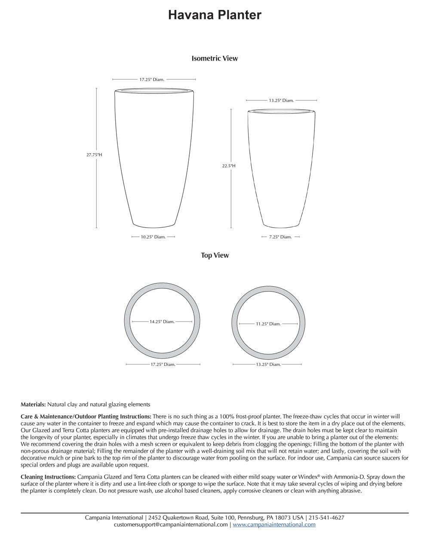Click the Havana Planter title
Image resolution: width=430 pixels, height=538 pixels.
click(x=215, y=15)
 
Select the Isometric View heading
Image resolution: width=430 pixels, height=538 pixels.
click(x=215, y=59)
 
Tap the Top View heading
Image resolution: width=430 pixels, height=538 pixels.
click(x=215, y=255)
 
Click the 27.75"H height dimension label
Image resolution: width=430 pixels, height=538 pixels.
click(x=94, y=155)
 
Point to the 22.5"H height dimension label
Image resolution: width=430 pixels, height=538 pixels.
click(x=229, y=166)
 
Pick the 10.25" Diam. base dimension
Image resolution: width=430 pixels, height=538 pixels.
click(x=153, y=237)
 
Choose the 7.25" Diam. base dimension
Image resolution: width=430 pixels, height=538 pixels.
click(x=280, y=237)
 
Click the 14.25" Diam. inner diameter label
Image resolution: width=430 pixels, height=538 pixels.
click(x=162, y=322)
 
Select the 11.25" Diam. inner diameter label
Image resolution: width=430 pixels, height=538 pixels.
click(x=268, y=324)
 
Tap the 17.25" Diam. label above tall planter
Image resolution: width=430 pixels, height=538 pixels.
click(x=152, y=80)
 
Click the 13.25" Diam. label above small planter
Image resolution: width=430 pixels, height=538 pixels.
click(x=281, y=100)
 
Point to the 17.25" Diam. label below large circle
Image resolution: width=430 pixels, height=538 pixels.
click(x=163, y=365)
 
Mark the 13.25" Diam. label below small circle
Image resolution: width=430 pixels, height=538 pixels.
click(x=268, y=365)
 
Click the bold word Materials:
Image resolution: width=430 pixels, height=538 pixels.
click(x=33, y=405)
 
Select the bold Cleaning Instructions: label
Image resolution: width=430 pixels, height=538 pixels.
click(x=48, y=477)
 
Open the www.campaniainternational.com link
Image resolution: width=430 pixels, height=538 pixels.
click(x=274, y=525)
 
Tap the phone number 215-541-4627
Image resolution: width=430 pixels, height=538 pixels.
click(x=326, y=518)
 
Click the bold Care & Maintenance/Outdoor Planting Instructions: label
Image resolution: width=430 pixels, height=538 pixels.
click(x=86, y=417)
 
